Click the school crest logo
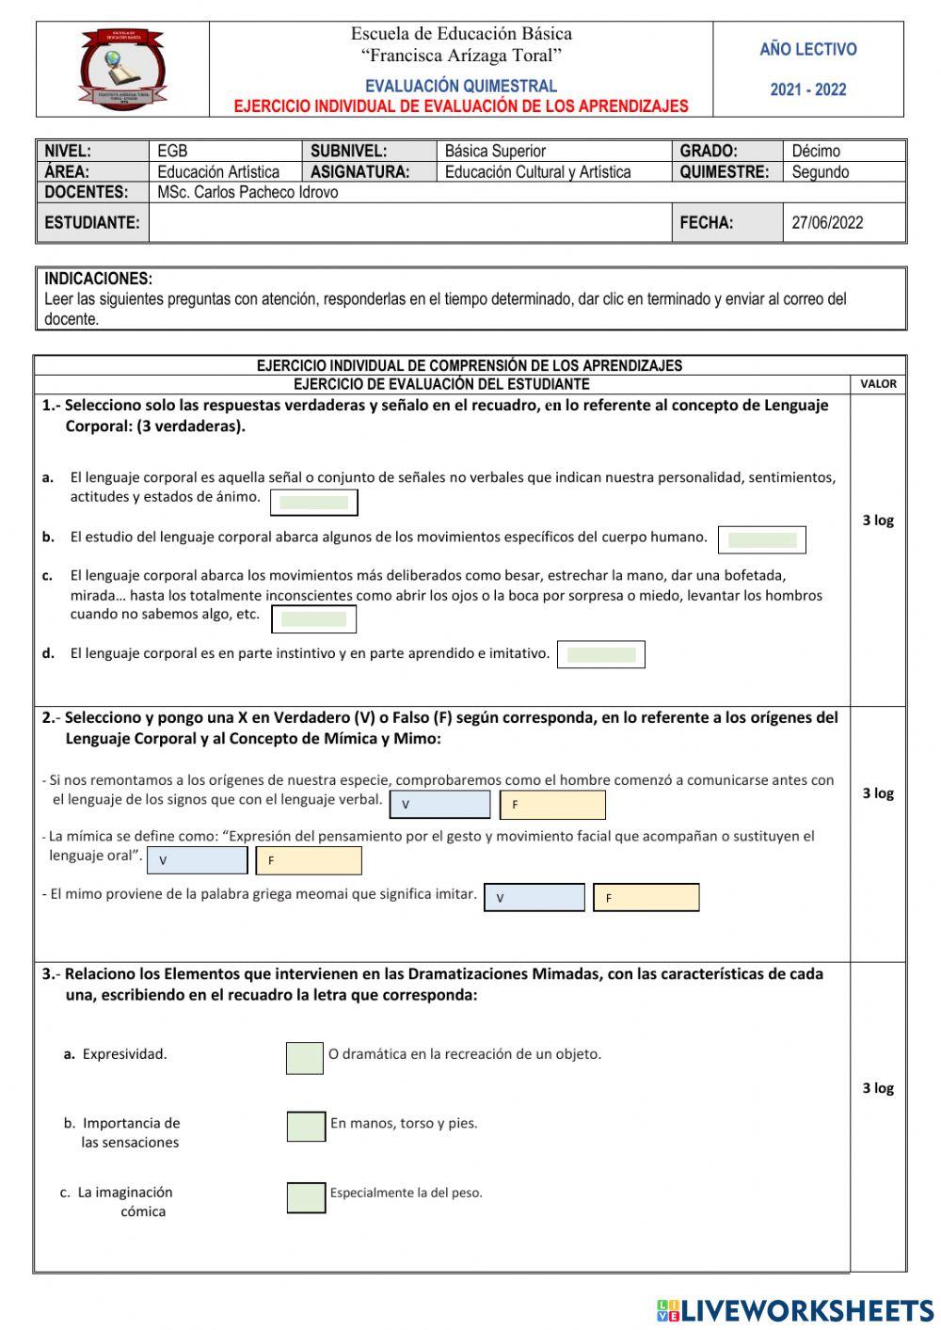123,69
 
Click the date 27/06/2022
826,223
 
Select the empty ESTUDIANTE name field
409,223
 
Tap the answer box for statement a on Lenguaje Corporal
313,503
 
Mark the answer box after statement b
761,539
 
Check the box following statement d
600,654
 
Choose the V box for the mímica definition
198,860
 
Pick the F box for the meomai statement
646,898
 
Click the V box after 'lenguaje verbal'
439,805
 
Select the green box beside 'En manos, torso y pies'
306,1126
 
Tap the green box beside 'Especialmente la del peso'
306,1197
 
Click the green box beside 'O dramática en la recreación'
305,1058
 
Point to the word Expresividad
124,1054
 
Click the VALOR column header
877,384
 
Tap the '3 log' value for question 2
877,793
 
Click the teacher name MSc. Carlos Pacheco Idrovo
247,192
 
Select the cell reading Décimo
816,151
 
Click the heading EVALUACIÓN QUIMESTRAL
461,86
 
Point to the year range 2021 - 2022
807,90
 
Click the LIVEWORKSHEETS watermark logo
795,1309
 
